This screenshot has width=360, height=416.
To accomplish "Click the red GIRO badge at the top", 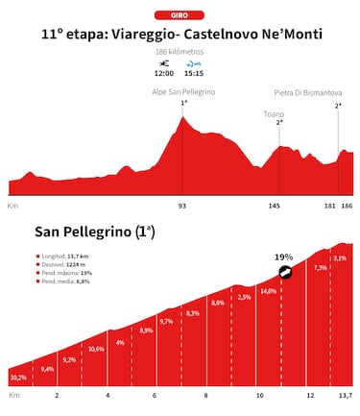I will tap(180, 15).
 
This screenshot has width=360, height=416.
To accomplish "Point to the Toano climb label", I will tap(275, 113).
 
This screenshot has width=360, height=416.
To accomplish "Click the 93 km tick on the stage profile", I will tap(182, 206).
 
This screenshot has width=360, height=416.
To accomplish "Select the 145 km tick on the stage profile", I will tap(279, 206).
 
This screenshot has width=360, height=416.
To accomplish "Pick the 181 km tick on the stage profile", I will tap(330, 206).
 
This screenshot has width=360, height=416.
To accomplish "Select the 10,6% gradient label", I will tap(95, 349).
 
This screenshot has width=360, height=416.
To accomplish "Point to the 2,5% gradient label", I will tap(244, 298).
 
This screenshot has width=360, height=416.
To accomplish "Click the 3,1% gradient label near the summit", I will tap(339, 258).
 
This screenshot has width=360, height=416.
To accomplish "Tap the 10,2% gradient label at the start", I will tap(18, 377).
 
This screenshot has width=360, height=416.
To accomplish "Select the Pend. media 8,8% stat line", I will tap(64, 281).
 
